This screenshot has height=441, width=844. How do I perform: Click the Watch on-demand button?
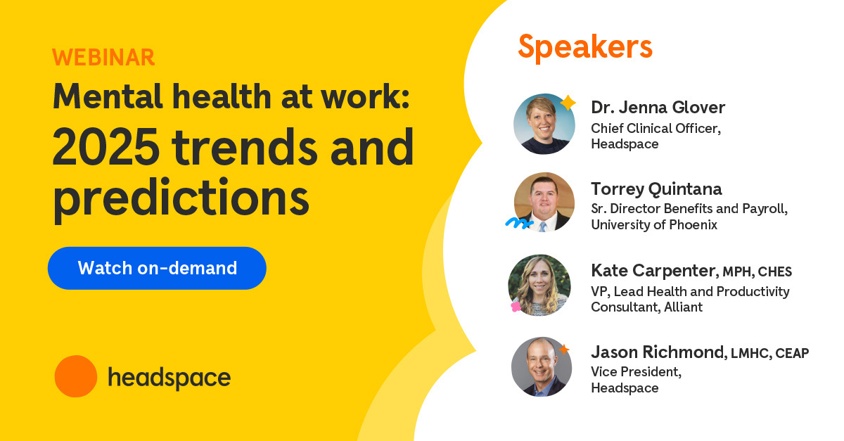(157, 268)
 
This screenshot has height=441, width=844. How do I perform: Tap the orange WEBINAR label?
(103, 58)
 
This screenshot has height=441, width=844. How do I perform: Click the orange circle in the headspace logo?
(75, 376)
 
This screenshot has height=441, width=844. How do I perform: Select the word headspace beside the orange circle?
(169, 378)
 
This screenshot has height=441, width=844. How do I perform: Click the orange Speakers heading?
(585, 46)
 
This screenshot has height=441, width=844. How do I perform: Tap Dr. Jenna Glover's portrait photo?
(544, 124)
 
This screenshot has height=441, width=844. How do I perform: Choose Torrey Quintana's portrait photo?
(544, 203)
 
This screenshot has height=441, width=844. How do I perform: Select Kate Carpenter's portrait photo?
(539, 285)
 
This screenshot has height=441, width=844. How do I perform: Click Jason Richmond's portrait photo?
(541, 366)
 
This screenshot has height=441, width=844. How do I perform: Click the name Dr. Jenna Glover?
(658, 108)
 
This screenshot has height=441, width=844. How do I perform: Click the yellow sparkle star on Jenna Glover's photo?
(567, 103)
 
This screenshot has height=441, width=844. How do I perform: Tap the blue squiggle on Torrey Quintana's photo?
(518, 223)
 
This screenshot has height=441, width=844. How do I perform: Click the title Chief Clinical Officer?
(655, 128)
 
